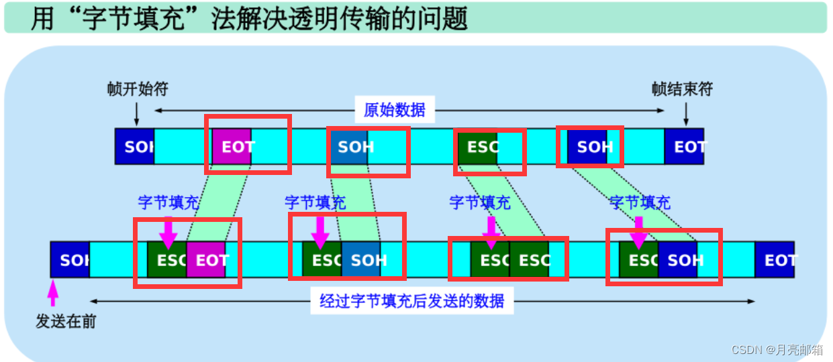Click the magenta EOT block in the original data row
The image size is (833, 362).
(232, 146)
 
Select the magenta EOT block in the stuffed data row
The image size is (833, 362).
(206, 259)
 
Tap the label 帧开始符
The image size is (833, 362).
(137, 89)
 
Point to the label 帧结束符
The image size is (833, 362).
(682, 89)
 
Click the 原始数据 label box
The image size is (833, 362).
(395, 109)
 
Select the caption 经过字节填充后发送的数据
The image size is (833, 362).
(411, 301)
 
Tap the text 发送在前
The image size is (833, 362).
(66, 322)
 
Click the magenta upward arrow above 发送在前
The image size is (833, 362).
(53, 293)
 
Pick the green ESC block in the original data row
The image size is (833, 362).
(477, 146)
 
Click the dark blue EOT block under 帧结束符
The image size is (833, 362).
(685, 146)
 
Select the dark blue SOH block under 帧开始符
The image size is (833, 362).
(135, 146)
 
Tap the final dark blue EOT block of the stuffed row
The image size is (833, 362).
(775, 259)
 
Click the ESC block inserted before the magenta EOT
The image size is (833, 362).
(167, 259)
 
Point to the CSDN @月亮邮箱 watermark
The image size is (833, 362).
(777, 350)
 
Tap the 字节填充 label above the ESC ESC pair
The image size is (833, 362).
(479, 202)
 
